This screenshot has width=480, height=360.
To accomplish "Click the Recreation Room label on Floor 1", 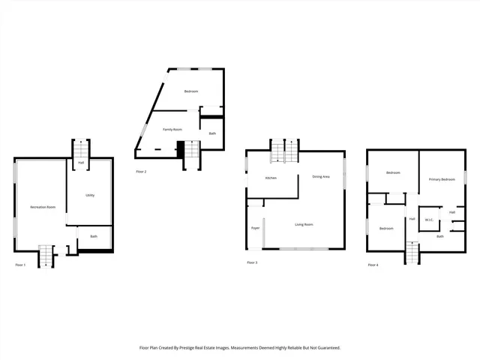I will [x=43, y=206].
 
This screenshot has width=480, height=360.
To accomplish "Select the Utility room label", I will [x=90, y=195].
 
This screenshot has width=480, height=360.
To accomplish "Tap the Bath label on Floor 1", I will [x=94, y=237].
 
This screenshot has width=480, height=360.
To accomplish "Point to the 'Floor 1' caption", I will [x=20, y=265].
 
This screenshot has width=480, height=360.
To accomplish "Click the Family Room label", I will [x=173, y=130].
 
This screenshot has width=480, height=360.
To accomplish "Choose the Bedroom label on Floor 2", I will [x=191, y=91].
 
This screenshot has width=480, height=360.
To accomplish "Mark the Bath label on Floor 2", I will [x=212, y=133].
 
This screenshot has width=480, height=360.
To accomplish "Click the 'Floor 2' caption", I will [x=141, y=172].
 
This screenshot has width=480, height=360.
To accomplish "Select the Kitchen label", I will [x=271, y=178].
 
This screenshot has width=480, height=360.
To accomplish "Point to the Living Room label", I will [x=304, y=224].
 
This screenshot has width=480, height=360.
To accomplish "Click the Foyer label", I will [x=255, y=227].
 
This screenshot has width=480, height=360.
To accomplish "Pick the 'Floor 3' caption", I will [x=252, y=262].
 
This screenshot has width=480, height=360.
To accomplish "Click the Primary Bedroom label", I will [x=442, y=179].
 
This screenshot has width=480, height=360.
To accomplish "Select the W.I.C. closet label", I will [x=429, y=220].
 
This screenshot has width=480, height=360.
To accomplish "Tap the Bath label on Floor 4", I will [x=440, y=236].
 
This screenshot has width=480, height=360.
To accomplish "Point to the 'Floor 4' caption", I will [x=373, y=265].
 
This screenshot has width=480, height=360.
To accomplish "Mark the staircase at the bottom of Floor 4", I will [x=412, y=253].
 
